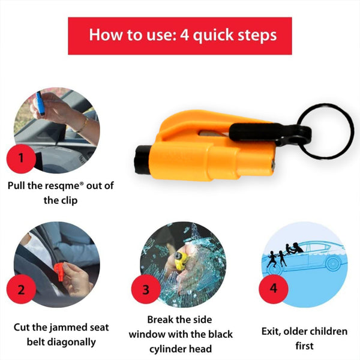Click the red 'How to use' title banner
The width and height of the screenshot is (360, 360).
point(180,35)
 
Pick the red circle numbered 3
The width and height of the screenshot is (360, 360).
point(145,290)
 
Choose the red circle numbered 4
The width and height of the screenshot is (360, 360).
point(274,287)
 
